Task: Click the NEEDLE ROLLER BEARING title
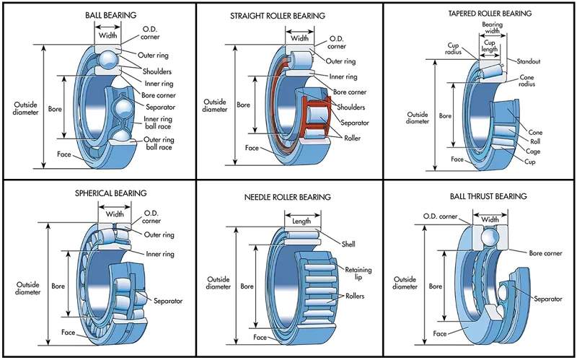tap(288, 197)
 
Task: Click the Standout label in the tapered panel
tap(528, 61)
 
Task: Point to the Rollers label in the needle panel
tap(354, 297)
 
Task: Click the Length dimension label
tap(301, 221)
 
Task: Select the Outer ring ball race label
tap(157, 143)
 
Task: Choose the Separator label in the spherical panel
tap(167, 300)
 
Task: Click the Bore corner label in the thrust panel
tap(545, 253)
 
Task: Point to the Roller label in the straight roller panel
tap(352, 138)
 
